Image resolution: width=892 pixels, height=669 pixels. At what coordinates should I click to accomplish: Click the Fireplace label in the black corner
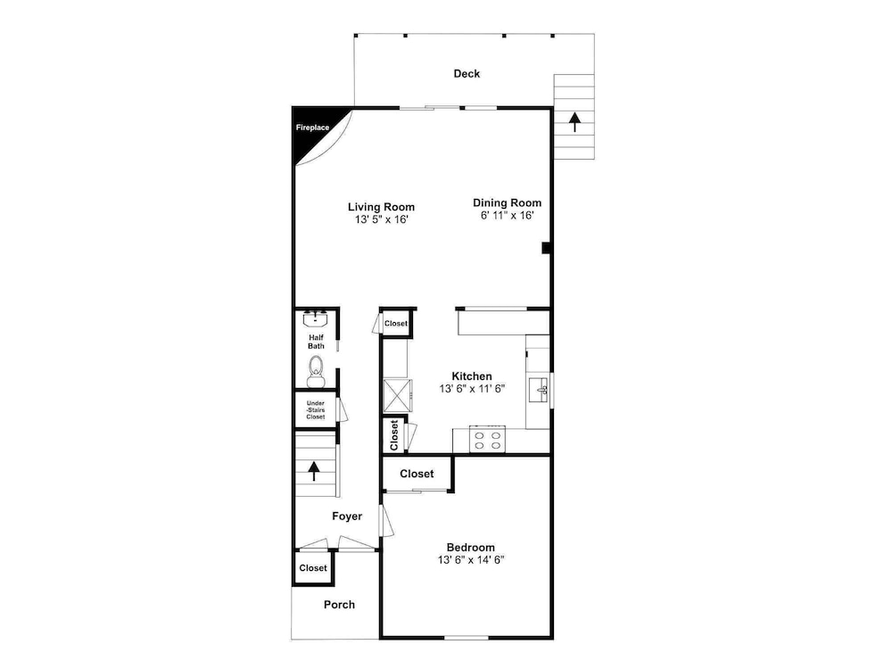[312, 128]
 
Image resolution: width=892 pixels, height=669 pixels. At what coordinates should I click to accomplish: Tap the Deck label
[467, 73]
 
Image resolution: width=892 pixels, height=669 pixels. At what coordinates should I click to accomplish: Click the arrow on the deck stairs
[574, 121]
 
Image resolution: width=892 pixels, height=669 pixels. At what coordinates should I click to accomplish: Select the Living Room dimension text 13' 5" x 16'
[382, 219]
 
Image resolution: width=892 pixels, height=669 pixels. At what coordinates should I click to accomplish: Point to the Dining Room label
[507, 202]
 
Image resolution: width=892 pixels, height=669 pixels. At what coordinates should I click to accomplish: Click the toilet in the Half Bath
[316, 371]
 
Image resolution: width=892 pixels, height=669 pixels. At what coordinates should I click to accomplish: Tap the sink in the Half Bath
[315, 319]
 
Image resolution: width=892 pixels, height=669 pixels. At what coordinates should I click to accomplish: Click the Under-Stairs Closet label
[316, 409]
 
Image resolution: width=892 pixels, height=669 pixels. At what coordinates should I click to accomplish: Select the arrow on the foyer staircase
[313, 471]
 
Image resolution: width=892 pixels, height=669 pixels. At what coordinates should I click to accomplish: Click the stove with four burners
[488, 439]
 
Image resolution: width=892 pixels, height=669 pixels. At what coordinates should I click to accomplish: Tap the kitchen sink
[538, 389]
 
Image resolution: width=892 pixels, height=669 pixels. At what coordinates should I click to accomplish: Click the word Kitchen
[472, 376]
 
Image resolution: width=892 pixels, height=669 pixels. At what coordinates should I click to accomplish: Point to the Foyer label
[347, 516]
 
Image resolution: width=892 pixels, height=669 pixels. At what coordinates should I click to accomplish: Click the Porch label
[339, 605]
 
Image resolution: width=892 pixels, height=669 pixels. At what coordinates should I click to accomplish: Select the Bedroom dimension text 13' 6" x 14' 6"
[471, 560]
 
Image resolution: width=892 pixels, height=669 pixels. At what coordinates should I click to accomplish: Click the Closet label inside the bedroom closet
[417, 474]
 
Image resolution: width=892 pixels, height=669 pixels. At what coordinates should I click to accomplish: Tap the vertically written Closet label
[394, 435]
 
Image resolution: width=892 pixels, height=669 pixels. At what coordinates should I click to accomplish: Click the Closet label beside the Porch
[313, 567]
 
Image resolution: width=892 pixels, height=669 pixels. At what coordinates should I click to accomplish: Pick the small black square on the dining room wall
[546, 248]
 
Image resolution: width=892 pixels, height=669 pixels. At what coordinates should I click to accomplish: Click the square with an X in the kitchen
[397, 395]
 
